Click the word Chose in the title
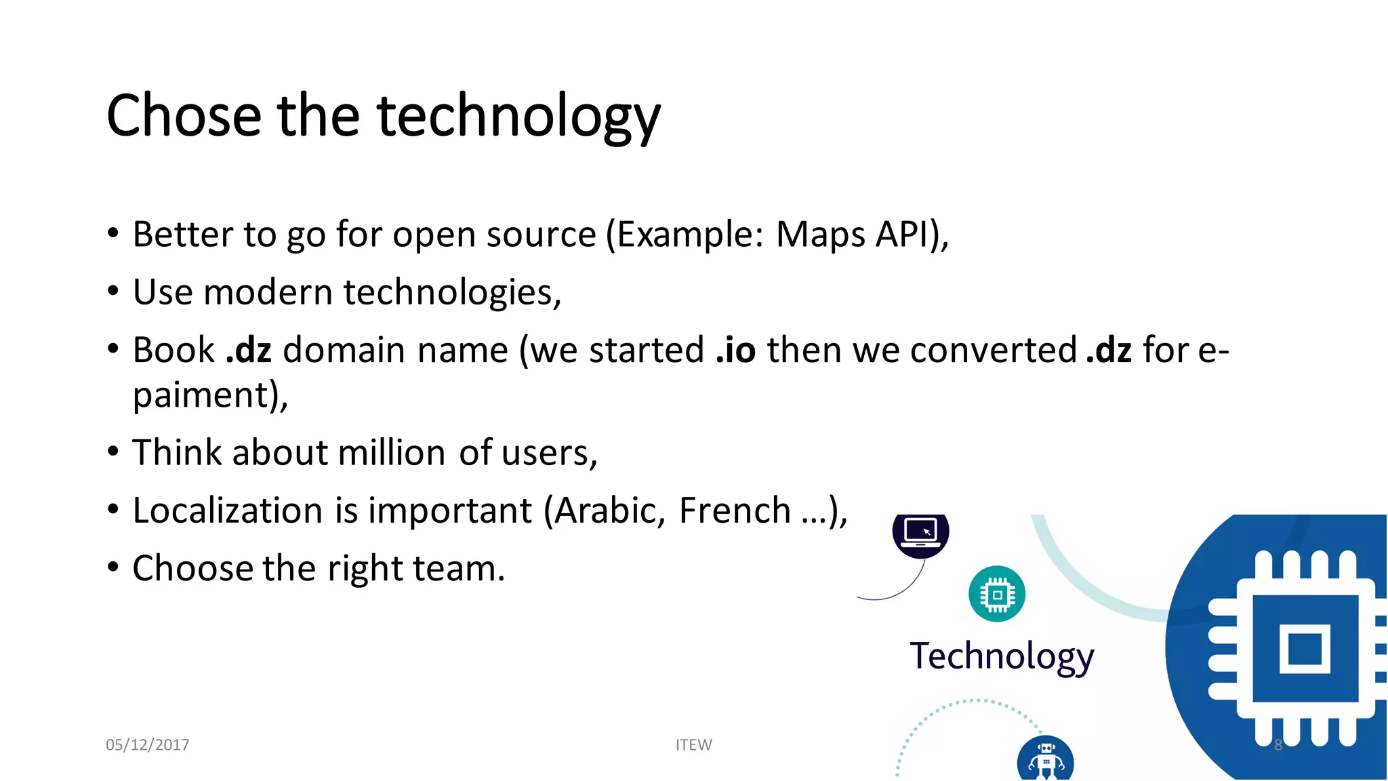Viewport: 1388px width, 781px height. coord(184,116)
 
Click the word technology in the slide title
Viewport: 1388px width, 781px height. coord(518,117)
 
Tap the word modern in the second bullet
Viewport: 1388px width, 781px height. coord(267,293)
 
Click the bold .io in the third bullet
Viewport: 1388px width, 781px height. coord(735,351)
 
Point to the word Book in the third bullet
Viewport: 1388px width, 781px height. coord(173,351)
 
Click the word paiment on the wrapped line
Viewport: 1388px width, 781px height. coord(201,395)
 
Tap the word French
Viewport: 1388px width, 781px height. coord(735,510)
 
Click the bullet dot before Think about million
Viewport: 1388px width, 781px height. coord(113,452)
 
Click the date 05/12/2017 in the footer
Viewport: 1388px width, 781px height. coord(147,744)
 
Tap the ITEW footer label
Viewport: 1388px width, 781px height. coord(693,744)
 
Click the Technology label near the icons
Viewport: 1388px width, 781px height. coord(1001,656)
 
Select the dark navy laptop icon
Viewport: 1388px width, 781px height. coord(920,532)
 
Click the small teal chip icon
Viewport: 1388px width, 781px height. coord(997,595)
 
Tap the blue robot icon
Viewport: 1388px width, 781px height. coord(1045,759)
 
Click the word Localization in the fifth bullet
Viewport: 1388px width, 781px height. coord(227,510)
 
